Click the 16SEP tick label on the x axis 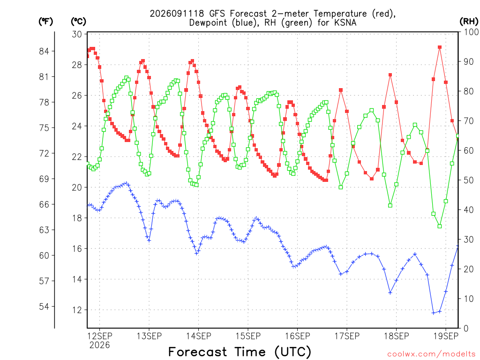point(297,336)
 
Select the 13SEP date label point(149,336)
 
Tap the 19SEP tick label point(446,336)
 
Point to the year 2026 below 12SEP point(99,345)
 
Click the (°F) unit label point(45,22)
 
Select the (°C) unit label point(78,22)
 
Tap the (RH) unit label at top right point(469,22)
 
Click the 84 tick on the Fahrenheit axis point(44,51)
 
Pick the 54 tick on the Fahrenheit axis point(44,307)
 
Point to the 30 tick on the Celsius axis point(77,34)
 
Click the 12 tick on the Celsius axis point(77,310)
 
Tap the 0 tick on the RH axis point(466,329)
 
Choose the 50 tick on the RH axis point(468,180)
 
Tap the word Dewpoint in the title point(208,23)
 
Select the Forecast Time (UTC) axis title point(240,352)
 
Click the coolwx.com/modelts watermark point(431,354)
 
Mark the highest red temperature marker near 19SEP point(440,47)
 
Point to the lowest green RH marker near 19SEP point(440,226)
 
